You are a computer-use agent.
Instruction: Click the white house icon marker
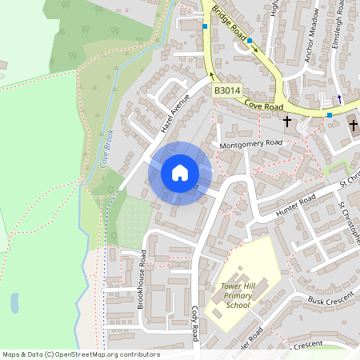point(180,173)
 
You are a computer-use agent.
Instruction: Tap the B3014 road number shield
point(226,93)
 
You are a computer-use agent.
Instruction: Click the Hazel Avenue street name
point(177,114)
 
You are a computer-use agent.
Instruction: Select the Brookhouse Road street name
point(142,279)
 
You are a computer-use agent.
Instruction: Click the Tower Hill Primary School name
point(238,294)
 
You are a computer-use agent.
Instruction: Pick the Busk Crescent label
point(330,299)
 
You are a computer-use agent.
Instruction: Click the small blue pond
point(14,302)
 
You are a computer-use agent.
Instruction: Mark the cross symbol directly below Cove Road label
point(287,122)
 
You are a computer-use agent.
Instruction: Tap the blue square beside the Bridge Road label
point(250,41)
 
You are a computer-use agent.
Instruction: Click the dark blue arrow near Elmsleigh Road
point(338,98)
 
